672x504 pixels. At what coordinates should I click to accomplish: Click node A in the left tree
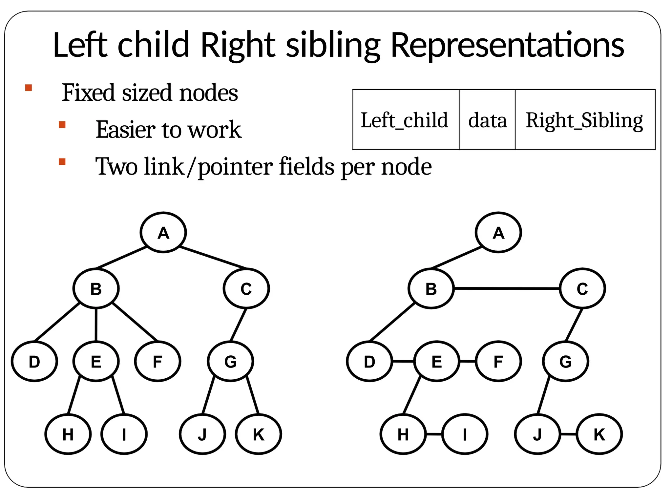pos(163,232)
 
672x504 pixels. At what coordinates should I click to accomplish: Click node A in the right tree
pos(498,232)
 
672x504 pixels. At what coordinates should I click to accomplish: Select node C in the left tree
pos(246,288)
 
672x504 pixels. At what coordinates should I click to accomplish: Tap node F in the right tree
pos(498,361)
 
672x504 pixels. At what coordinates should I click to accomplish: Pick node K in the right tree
pos(599,434)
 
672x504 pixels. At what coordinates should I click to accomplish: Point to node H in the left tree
pos(68,434)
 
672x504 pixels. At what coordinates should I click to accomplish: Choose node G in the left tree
pos(230,361)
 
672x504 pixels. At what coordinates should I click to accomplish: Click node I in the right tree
pos(465,434)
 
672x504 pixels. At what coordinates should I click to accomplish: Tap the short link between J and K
pos(568,434)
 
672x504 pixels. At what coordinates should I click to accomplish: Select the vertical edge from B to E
pos(96,325)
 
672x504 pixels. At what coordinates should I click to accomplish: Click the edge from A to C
pos(213,258)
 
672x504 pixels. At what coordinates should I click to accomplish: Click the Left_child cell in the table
pos(406,120)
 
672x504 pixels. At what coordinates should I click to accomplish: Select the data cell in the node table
pos(487,120)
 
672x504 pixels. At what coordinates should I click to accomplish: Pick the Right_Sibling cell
pos(585,120)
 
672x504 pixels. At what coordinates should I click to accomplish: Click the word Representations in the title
pos(507,45)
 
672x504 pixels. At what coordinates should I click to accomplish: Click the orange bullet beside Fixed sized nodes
pos(29,88)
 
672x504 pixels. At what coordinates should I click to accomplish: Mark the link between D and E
pos(403,361)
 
